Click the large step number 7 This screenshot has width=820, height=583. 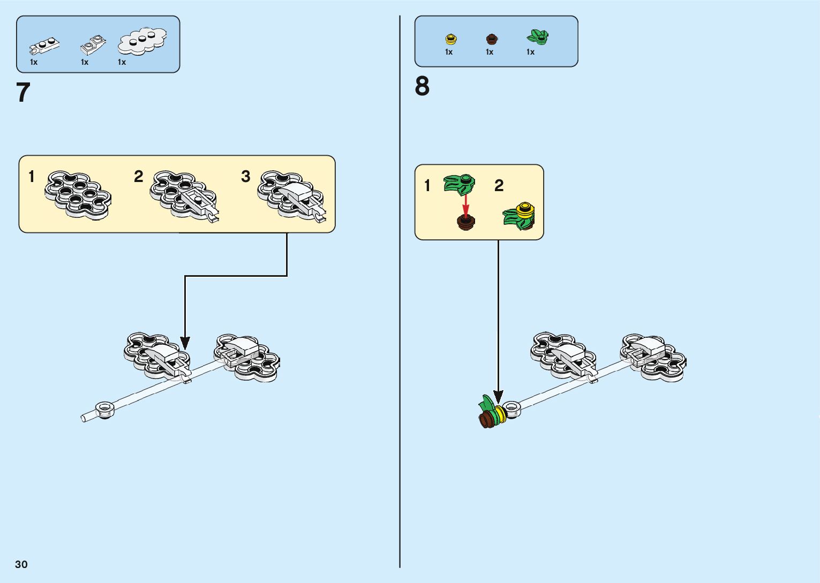(24, 93)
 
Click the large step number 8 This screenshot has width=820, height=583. (422, 86)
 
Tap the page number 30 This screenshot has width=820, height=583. (21, 564)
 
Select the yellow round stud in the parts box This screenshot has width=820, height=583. (451, 39)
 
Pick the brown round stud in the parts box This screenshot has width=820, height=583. (491, 39)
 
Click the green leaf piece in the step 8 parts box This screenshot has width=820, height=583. (537, 37)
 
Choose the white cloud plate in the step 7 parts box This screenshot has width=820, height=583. (142, 41)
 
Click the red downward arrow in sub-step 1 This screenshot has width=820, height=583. (466, 204)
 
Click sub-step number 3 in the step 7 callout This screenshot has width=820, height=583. (246, 176)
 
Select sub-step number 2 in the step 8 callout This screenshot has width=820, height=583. (499, 186)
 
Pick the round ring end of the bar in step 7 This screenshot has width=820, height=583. (105, 410)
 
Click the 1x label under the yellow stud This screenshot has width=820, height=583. (449, 52)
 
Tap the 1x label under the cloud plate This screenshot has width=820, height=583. (122, 62)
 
